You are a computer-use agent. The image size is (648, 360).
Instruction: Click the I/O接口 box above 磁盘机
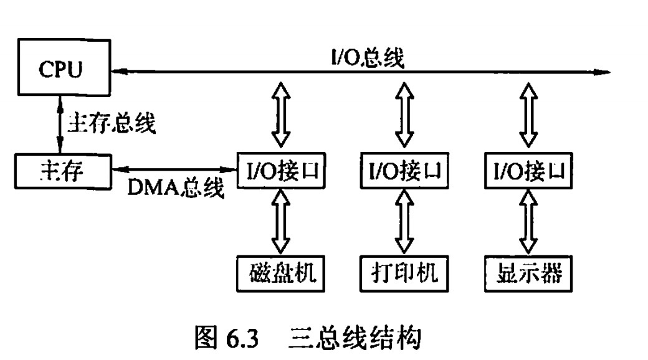click(282, 169)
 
